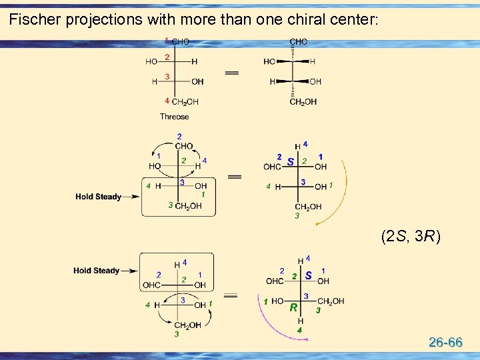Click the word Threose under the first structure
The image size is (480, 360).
pos(174,117)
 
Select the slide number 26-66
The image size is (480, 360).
pos(445,343)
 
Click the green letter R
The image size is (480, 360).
pos(293,308)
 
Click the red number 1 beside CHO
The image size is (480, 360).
pos(167,41)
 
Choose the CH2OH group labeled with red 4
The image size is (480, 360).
pos(185,102)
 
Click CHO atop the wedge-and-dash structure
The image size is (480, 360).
pos(298,41)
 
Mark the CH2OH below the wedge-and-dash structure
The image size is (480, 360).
pos(303,102)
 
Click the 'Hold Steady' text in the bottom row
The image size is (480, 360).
pos(96,271)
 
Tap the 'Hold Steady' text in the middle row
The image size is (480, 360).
pos(98,197)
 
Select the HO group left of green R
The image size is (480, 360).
pos(277,301)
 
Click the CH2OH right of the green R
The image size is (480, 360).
pos(331,301)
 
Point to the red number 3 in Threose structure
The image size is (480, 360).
pos(167,77)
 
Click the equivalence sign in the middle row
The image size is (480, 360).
pos(234,177)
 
